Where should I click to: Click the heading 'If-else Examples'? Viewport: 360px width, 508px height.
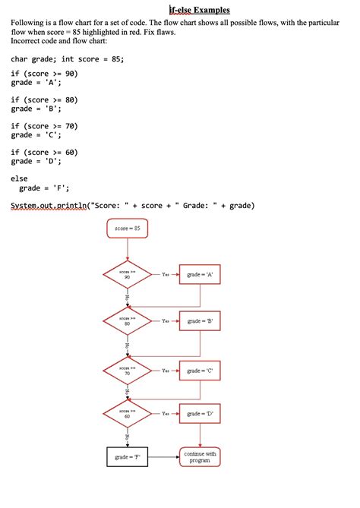tap(199, 10)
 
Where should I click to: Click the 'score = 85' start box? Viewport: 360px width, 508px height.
tap(127, 228)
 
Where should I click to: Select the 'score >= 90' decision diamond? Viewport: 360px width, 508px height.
tap(127, 274)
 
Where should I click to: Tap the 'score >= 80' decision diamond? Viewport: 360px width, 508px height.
tap(127, 321)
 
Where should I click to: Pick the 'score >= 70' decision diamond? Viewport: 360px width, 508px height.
tap(127, 371)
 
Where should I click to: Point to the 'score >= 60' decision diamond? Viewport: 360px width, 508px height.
tap(127, 414)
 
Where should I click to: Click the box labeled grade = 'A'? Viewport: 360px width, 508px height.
tap(200, 274)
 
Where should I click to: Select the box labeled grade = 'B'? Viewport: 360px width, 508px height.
tap(200, 321)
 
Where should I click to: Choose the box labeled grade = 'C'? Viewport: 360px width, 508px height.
tap(200, 371)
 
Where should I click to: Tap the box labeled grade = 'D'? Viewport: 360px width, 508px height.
tap(200, 414)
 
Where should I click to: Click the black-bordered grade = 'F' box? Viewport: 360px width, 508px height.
tap(127, 457)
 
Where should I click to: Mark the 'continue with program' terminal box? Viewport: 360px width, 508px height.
tap(200, 457)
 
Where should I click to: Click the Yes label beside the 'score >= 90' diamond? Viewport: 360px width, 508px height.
tap(166, 274)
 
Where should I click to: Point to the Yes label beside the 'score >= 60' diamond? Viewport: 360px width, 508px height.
tap(166, 414)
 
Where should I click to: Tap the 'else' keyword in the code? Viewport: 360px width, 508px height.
tap(19, 178)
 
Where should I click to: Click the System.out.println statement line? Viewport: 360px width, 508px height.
tap(133, 205)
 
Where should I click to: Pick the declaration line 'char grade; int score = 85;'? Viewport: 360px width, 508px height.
tap(67, 58)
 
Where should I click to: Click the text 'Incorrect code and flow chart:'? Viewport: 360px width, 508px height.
tap(59, 43)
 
